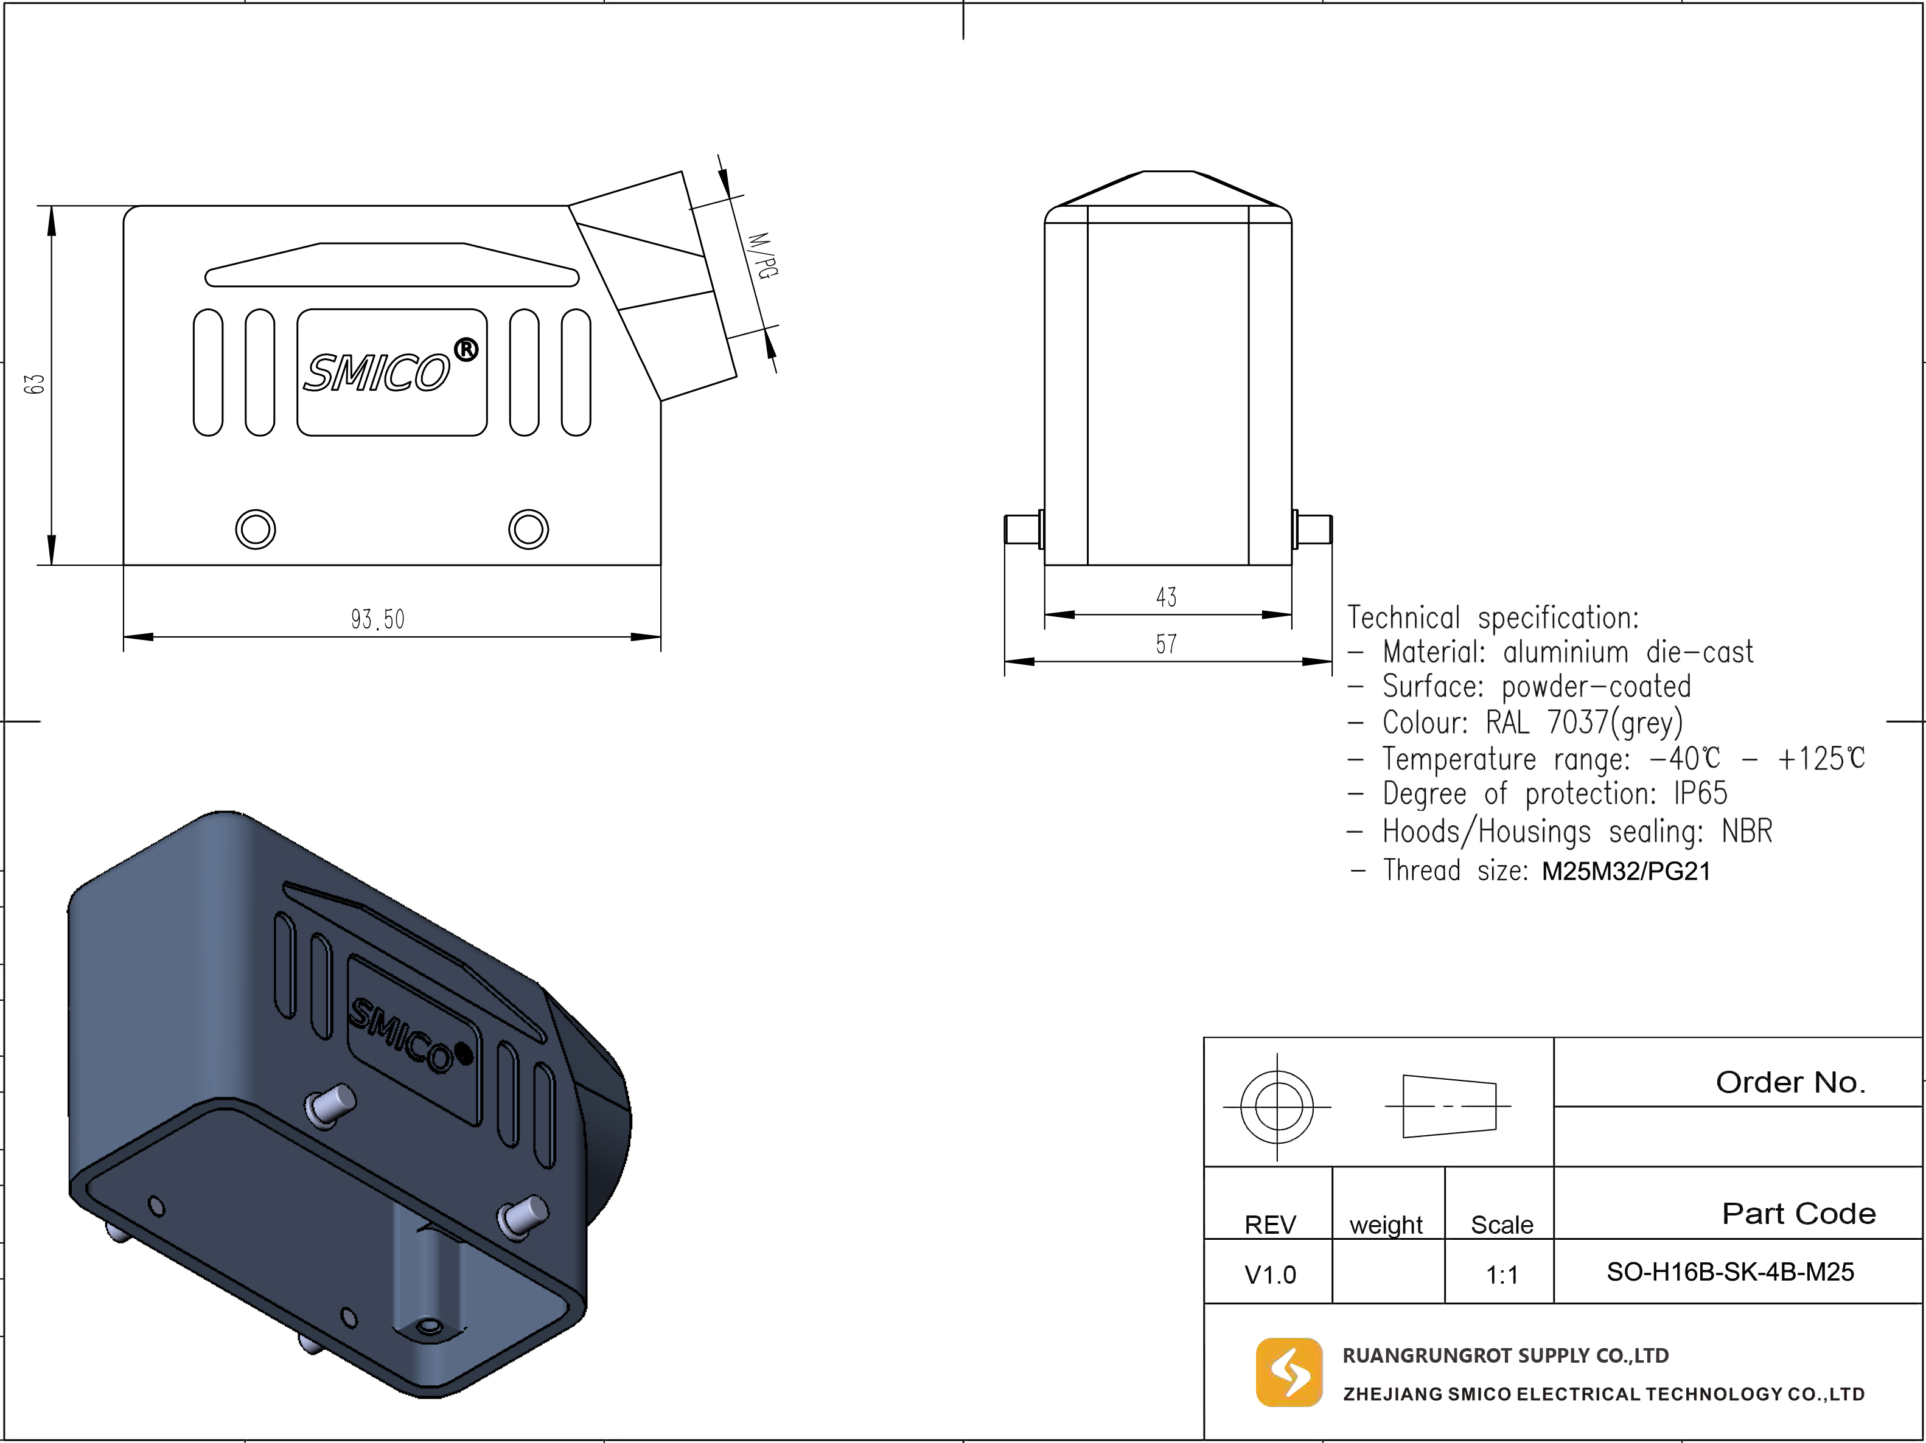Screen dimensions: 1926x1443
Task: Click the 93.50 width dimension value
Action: point(378,620)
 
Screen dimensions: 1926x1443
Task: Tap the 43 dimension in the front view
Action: point(1167,597)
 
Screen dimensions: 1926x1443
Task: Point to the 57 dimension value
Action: point(1167,644)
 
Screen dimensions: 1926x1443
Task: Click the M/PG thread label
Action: point(762,255)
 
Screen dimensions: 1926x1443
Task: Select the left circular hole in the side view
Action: point(256,528)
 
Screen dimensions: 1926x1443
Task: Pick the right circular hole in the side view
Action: point(529,528)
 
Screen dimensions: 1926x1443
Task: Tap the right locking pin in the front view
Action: point(1312,529)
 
